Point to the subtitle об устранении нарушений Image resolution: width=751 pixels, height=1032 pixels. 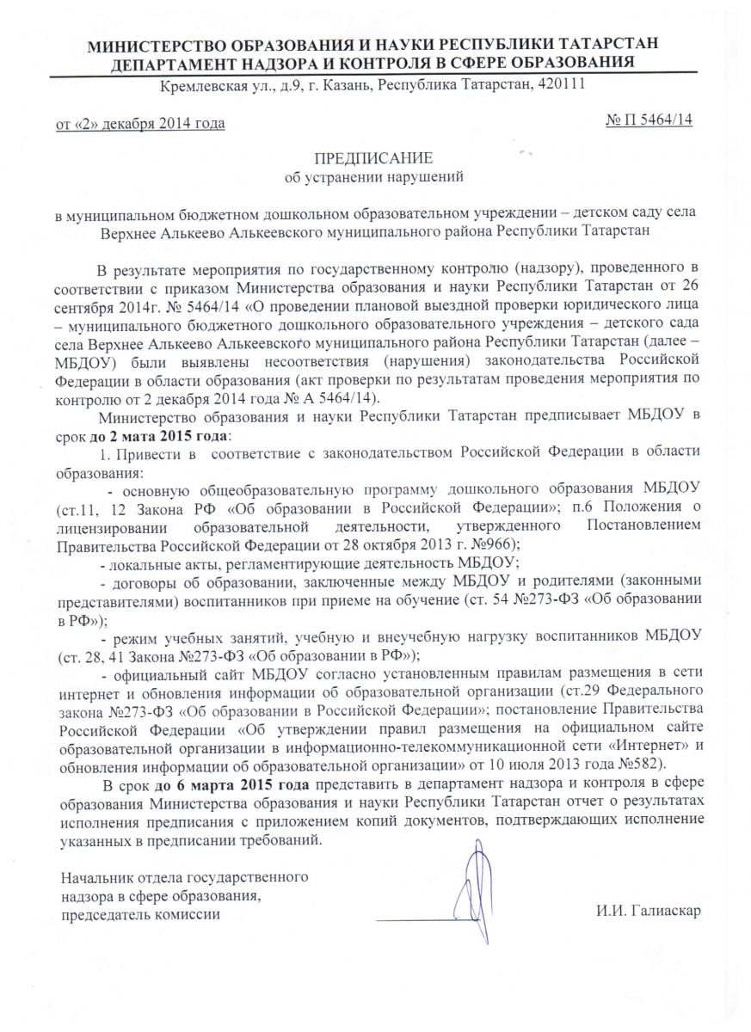click(374, 178)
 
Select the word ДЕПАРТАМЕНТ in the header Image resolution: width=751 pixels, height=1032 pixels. click(169, 63)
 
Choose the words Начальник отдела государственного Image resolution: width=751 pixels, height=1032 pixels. click(183, 877)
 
